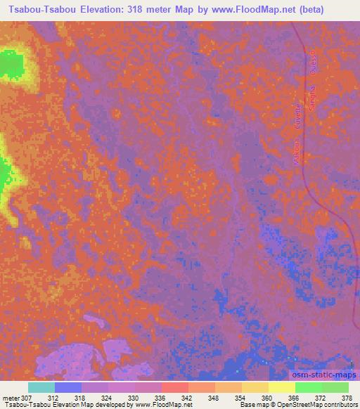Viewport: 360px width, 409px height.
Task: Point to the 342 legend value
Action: tap(187, 398)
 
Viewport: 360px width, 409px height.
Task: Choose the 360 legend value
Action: tap(267, 398)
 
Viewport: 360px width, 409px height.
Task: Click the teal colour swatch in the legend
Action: tap(41, 387)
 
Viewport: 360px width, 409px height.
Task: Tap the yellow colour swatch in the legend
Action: tap(281, 387)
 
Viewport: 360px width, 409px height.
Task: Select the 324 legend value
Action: tap(107, 398)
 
